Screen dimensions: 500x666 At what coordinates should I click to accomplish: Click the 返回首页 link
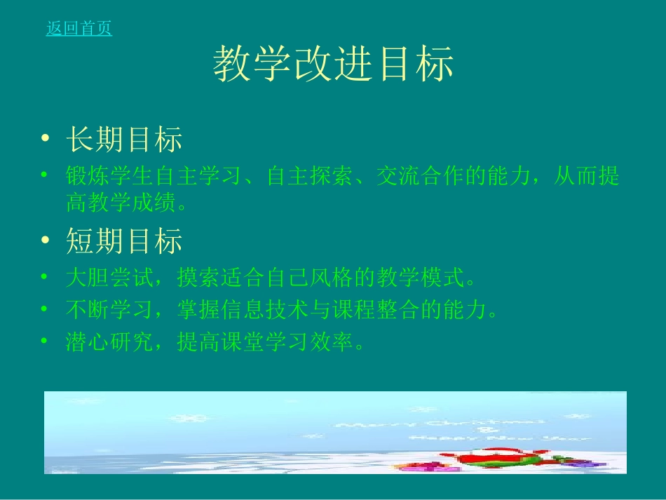coord(79,29)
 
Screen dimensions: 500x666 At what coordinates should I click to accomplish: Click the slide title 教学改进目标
coord(333,65)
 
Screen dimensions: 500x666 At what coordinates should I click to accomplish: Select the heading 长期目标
coord(124,140)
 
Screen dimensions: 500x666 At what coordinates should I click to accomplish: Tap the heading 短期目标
coord(124,241)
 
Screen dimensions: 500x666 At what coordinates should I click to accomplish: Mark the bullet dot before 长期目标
coord(46,140)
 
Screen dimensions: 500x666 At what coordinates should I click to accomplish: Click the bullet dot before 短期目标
coord(46,241)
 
